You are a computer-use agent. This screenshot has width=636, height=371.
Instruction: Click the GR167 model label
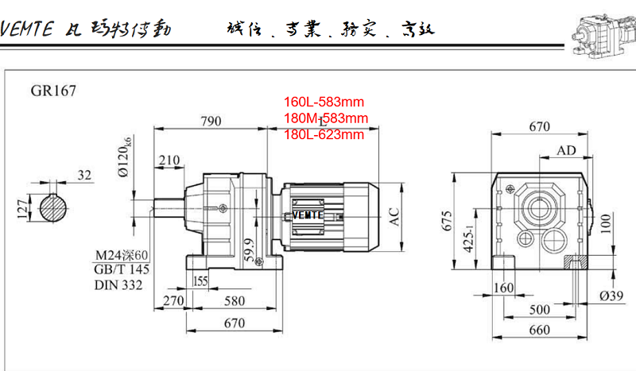(54, 91)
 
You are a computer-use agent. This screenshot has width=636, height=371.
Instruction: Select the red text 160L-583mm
(324, 102)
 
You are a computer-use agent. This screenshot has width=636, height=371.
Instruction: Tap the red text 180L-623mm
(324, 134)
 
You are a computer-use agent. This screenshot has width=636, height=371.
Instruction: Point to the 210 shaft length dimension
(169, 160)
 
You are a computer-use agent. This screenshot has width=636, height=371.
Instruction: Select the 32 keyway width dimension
(85, 175)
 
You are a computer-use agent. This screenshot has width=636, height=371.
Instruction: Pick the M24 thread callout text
(121, 255)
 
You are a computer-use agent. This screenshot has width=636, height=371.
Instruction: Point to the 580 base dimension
(234, 301)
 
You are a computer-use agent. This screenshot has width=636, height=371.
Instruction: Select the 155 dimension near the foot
(200, 280)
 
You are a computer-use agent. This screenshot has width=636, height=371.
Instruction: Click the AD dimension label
(566, 150)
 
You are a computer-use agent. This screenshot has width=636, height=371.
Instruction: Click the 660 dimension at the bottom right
(539, 330)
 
